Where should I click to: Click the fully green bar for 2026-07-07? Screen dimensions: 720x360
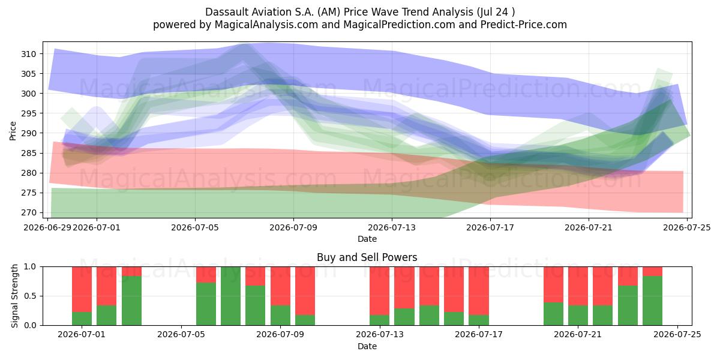point(231,296)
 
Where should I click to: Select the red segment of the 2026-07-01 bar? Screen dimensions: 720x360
point(82,289)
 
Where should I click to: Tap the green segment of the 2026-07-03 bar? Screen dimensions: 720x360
point(131,301)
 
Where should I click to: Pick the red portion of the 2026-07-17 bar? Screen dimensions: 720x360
point(479,291)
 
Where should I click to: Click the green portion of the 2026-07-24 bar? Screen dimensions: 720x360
point(653,301)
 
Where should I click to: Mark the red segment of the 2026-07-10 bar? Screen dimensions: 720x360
point(305,291)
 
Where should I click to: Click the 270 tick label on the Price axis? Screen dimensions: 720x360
point(29,213)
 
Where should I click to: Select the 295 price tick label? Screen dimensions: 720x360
point(29,113)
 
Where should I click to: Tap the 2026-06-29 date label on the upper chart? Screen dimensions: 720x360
point(47,227)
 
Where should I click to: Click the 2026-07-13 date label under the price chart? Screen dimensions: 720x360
point(391,227)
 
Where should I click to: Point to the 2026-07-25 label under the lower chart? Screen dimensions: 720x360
point(677,335)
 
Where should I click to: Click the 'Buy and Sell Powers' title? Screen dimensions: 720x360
point(367,257)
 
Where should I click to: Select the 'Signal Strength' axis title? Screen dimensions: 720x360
point(14,296)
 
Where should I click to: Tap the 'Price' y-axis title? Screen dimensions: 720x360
point(13,131)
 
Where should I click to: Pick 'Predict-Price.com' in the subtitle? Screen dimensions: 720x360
point(524,25)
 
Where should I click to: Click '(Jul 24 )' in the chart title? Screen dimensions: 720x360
point(496,12)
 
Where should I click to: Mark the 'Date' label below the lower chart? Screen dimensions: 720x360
point(367,346)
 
